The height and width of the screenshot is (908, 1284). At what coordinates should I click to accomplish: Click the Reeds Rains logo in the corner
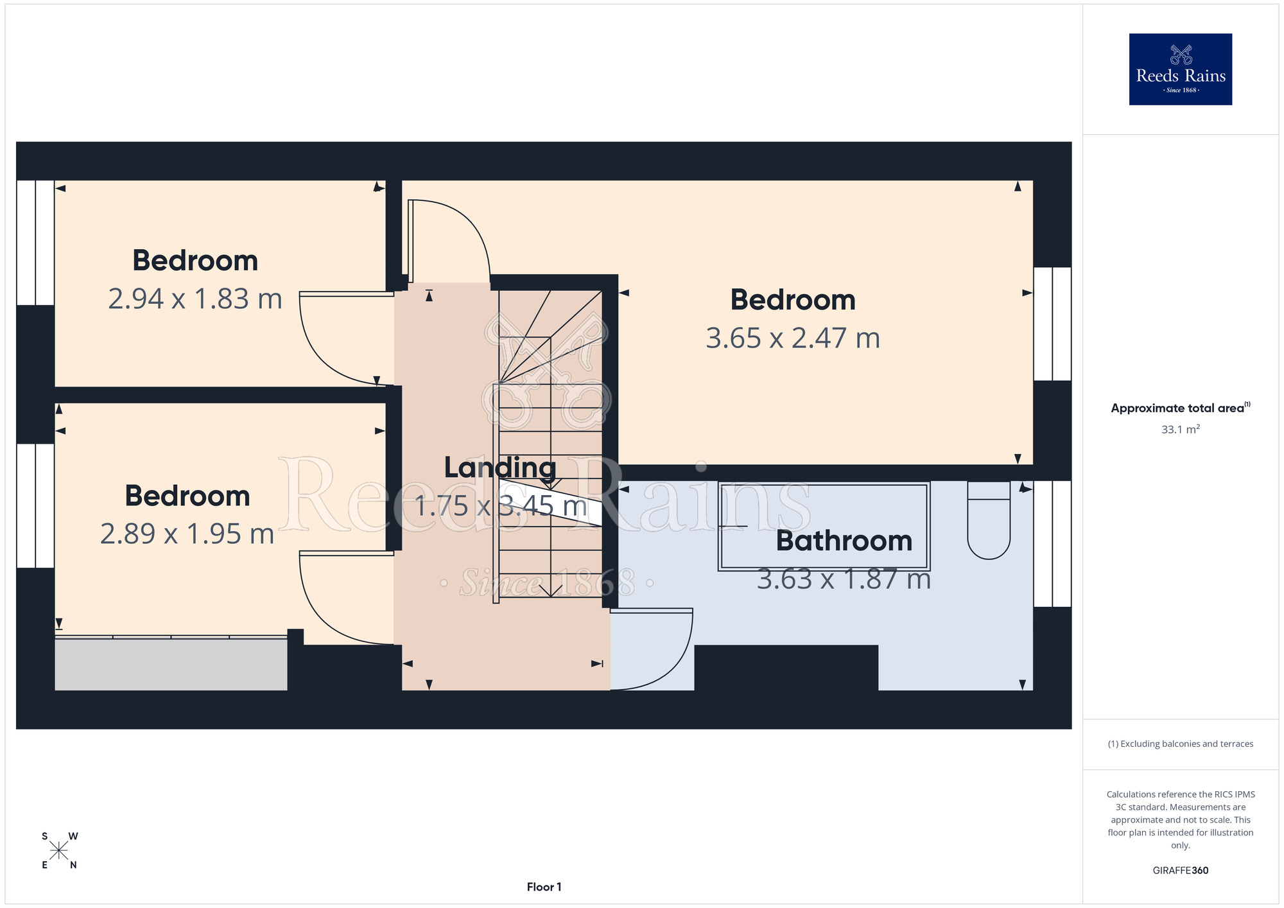(x=1180, y=69)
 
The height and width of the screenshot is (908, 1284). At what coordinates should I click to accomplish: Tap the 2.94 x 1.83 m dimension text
(x=195, y=299)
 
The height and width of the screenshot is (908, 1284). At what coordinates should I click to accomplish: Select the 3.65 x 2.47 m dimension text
(x=793, y=338)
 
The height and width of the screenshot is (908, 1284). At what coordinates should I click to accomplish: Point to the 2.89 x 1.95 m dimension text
(x=187, y=534)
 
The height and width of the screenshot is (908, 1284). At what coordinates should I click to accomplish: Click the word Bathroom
(x=844, y=541)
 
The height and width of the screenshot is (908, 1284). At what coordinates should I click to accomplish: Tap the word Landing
(x=500, y=468)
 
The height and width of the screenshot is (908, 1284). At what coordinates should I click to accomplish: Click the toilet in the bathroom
(x=989, y=520)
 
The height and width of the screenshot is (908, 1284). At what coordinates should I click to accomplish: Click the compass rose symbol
(x=59, y=851)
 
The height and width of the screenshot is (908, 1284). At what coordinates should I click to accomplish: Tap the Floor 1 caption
(x=544, y=887)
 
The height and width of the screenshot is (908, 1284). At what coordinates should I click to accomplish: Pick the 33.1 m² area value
(x=1180, y=429)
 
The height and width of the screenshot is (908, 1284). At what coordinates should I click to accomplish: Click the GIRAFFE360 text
(x=1180, y=871)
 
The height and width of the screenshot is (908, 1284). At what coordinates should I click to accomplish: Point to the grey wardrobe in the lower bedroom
(x=171, y=664)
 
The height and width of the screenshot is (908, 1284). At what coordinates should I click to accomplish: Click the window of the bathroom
(x=1052, y=544)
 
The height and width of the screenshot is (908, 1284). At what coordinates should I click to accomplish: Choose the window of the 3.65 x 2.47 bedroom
(x=1052, y=324)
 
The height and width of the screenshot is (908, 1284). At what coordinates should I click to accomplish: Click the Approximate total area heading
(x=1180, y=408)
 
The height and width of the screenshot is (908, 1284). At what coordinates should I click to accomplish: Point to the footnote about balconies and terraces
(x=1180, y=744)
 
